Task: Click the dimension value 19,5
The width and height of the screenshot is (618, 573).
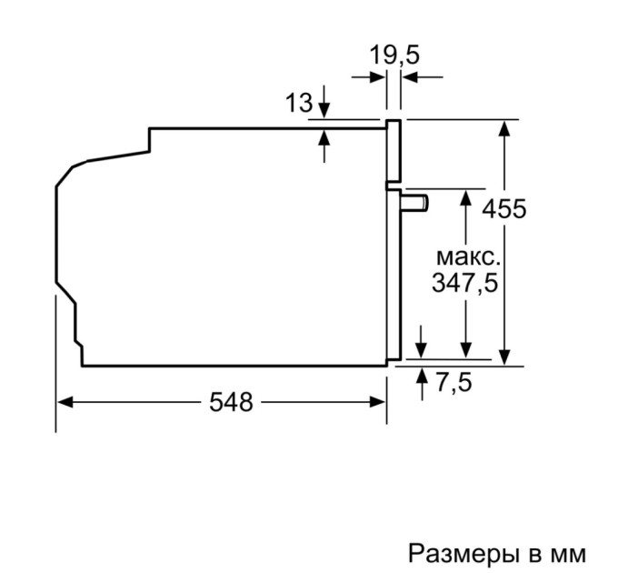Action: click(394, 55)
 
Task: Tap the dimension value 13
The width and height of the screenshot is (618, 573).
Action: click(298, 103)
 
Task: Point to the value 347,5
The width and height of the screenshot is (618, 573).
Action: click(464, 283)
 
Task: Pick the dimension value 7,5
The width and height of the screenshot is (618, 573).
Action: click(454, 384)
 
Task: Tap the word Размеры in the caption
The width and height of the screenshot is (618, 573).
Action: click(459, 551)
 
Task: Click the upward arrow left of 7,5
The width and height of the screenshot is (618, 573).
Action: click(421, 375)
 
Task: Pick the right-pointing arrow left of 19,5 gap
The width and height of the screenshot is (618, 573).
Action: click(379, 77)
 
